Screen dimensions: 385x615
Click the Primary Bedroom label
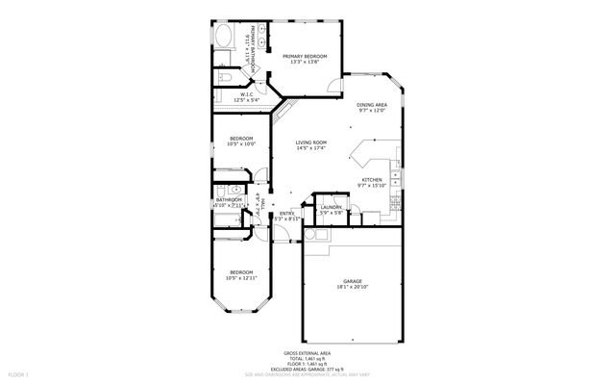click(x=305, y=56)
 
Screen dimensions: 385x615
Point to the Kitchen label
click(x=372, y=180)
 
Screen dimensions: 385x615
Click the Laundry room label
click(x=332, y=207)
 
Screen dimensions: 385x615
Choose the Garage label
click(x=353, y=281)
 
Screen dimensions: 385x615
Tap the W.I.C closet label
click(x=246, y=94)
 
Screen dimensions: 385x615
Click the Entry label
click(x=286, y=214)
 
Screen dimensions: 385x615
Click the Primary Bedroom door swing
click(x=332, y=88)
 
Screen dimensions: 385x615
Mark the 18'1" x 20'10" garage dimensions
click(x=353, y=287)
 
